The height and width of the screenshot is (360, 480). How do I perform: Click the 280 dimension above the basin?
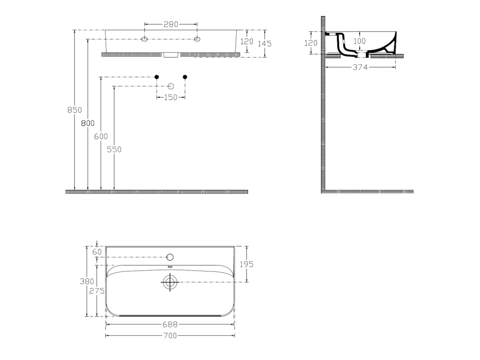point(171,24)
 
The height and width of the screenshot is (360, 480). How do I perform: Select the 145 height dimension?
point(264,44)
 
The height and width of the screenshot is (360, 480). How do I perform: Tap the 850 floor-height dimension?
point(75,110)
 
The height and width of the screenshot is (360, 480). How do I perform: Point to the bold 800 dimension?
point(88,123)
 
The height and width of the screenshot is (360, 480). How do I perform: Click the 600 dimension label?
point(101,136)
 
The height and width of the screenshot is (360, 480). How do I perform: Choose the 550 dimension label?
point(114,150)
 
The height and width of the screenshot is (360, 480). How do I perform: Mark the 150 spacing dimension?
point(171,97)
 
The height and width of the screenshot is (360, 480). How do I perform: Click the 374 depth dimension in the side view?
point(360,67)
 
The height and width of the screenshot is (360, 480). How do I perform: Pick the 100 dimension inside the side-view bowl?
point(360,41)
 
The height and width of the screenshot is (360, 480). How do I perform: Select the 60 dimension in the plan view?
point(97,252)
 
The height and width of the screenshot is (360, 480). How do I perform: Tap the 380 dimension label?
point(87,281)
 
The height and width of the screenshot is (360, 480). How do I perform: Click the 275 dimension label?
point(97,291)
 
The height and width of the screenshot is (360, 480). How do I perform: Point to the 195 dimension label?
point(247,264)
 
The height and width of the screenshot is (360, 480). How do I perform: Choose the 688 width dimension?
point(170,324)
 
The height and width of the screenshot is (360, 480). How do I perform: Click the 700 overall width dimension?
point(170,336)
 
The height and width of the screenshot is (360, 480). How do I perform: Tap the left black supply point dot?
point(157,77)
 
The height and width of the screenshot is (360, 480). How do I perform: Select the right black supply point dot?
point(185,77)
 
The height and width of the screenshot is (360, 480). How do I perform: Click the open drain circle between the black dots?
point(171,86)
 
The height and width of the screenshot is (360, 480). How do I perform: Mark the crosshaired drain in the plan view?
point(170,282)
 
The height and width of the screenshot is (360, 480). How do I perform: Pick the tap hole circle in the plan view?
point(170,257)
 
